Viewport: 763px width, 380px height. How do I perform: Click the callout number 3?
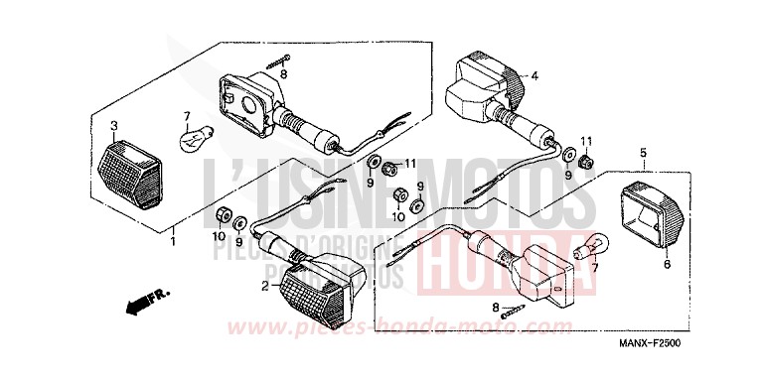tap(113, 125)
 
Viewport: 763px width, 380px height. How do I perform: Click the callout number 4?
tap(534, 75)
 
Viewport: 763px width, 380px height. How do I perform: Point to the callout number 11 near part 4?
tap(586, 142)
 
